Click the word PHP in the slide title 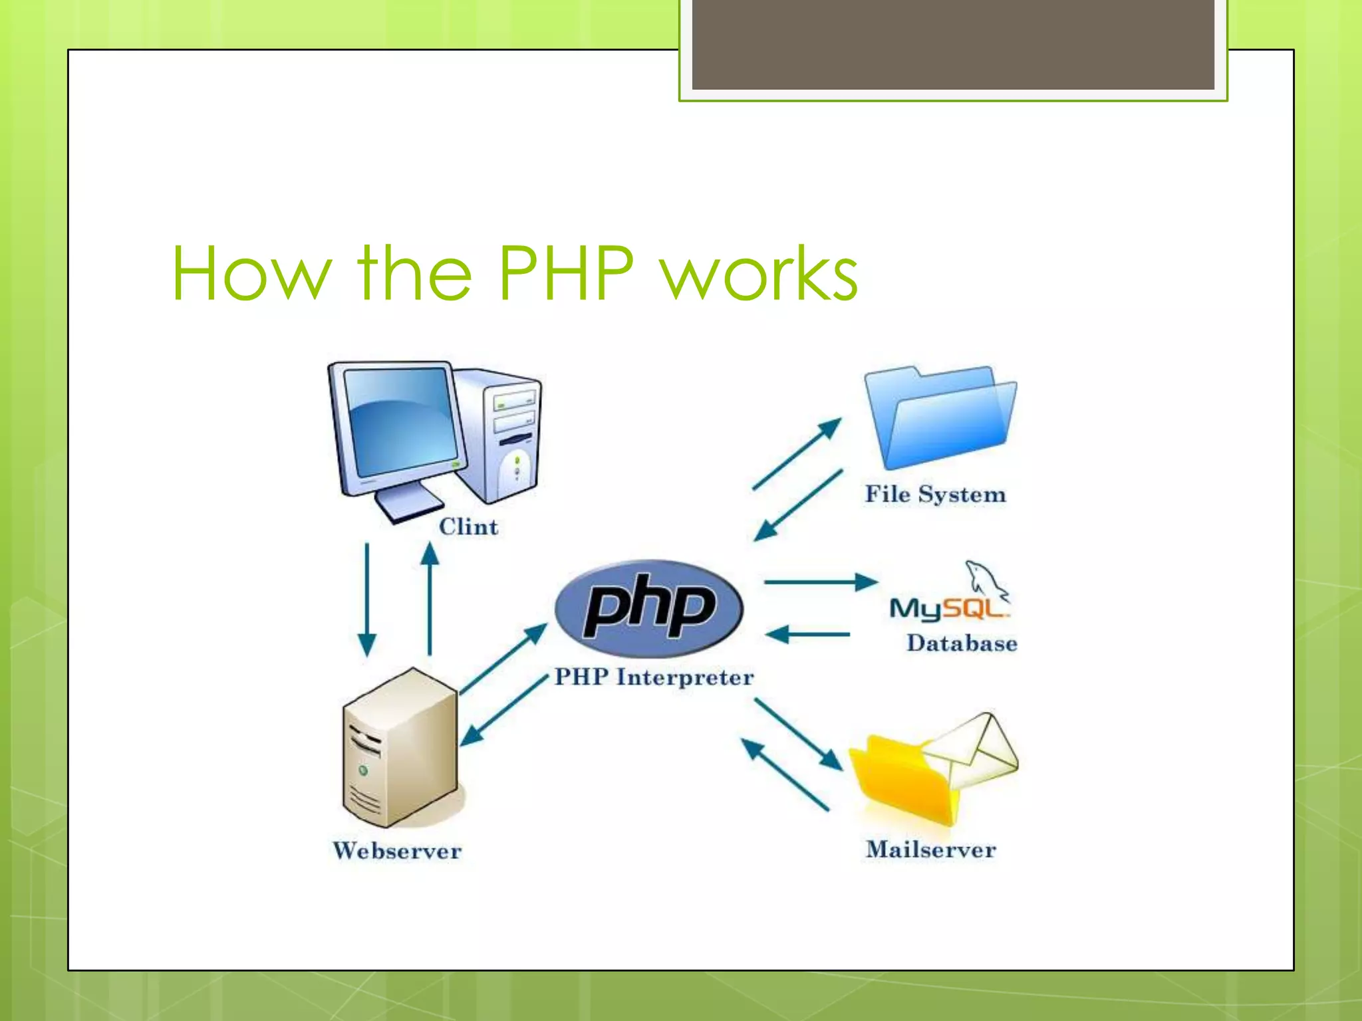[566, 273]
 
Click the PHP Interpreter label [654, 677]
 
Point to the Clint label [468, 526]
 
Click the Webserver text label [397, 851]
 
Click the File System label [935, 495]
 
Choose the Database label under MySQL [962, 643]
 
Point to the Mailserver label [931, 850]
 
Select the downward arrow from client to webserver [367, 598]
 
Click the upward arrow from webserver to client [430, 598]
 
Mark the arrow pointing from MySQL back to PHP [808, 635]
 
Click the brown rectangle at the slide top [953, 44]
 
